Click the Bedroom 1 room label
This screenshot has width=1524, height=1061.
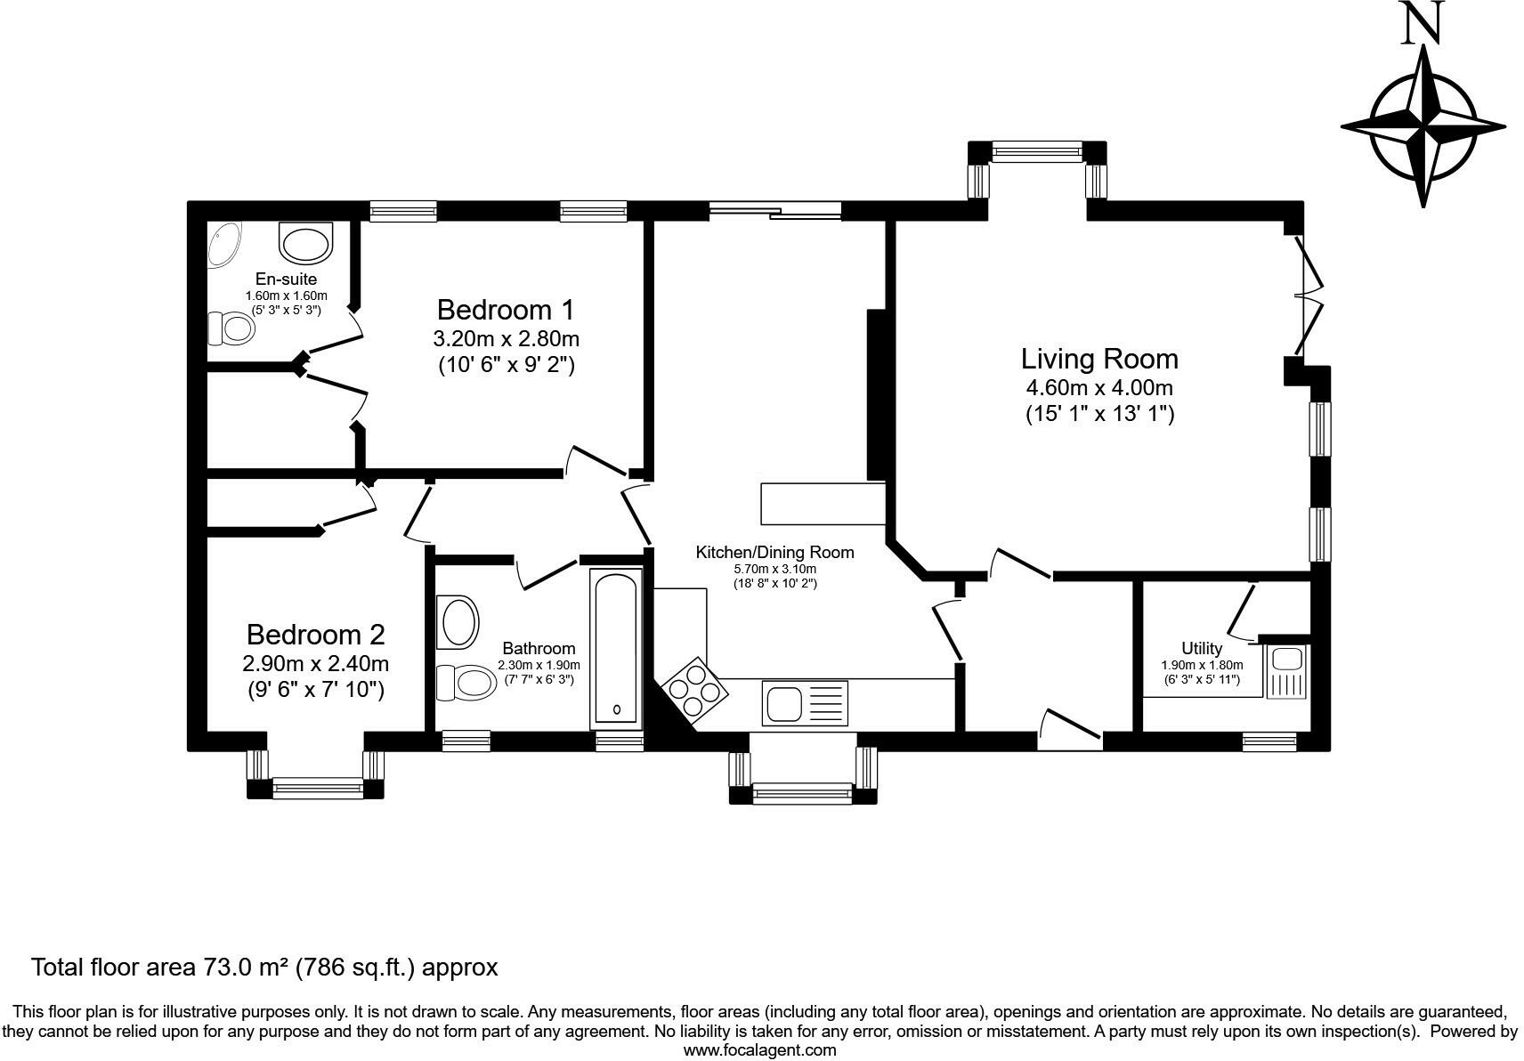(x=506, y=310)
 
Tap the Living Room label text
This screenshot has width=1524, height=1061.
(x=1099, y=359)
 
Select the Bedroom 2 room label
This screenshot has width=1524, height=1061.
(x=316, y=635)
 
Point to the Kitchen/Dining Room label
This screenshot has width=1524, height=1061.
(x=774, y=552)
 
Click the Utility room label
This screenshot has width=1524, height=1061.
(x=1202, y=649)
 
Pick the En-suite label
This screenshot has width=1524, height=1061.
(x=286, y=279)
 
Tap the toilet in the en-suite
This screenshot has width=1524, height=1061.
(x=231, y=329)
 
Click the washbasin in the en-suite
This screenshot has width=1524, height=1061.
(x=306, y=244)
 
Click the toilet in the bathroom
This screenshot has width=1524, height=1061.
(x=466, y=682)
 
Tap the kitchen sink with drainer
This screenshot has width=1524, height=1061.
(x=806, y=703)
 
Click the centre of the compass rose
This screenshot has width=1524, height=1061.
(x=1423, y=126)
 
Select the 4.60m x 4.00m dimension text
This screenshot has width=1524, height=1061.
(x=1099, y=388)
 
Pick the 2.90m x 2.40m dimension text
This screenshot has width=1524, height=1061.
(x=316, y=663)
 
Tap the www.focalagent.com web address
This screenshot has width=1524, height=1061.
(x=760, y=1050)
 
